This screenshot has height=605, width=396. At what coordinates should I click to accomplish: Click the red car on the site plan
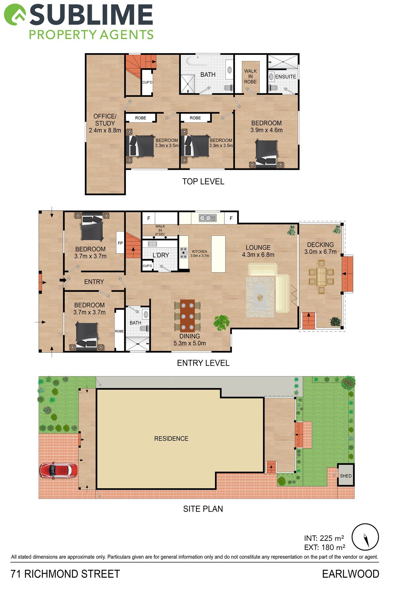click(59, 470)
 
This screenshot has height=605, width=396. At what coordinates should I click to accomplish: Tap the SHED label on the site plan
click(346, 476)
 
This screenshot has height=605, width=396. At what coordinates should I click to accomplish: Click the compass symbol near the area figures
click(365, 537)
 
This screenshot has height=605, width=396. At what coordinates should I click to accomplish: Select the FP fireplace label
click(120, 243)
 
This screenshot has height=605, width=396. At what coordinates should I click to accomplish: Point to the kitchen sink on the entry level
click(208, 218)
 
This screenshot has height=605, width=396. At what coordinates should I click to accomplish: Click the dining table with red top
click(187, 315)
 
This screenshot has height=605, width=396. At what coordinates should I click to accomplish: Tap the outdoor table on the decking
click(321, 277)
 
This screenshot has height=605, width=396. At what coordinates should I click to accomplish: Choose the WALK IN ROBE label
click(250, 77)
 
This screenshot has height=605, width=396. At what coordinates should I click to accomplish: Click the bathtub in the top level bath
click(198, 61)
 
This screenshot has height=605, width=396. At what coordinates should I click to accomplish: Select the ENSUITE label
click(286, 77)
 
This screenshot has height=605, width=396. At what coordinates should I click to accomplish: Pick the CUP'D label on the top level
click(147, 82)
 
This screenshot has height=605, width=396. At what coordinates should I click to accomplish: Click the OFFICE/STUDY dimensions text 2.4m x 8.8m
click(105, 130)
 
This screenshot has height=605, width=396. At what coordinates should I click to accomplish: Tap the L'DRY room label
click(161, 255)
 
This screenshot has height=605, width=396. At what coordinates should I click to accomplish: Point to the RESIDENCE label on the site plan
click(171, 438)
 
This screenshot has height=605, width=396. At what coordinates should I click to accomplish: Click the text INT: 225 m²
click(324, 538)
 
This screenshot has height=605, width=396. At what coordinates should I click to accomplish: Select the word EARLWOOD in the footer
click(351, 574)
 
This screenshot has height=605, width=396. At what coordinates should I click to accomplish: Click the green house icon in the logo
click(15, 14)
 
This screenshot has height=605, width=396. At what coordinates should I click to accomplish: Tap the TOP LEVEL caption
click(203, 181)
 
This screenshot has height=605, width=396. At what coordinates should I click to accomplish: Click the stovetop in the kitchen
click(184, 253)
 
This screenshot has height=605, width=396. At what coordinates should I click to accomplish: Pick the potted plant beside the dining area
click(222, 323)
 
